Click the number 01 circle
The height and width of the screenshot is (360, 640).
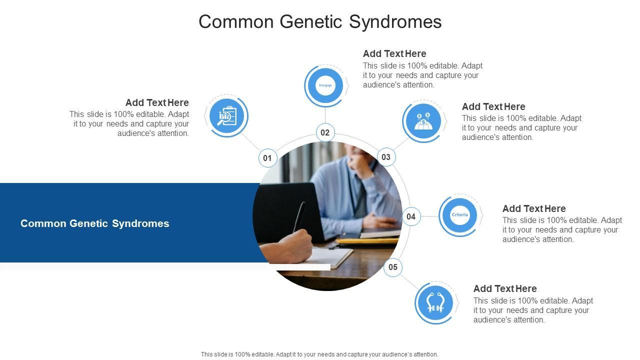267,158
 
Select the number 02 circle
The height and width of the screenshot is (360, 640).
325,132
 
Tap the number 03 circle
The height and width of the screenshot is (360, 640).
386,157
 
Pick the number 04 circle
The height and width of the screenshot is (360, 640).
411,216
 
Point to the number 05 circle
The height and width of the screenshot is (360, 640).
393,267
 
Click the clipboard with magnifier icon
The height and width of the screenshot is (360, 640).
227,115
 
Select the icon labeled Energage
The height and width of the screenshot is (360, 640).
325,85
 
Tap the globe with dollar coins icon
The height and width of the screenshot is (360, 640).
423,121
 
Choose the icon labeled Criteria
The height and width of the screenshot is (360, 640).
459,215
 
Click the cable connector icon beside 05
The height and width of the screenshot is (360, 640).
435,302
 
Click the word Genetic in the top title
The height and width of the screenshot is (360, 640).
311,21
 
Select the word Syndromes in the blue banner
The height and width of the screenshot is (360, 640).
140,223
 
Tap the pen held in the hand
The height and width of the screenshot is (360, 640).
299,216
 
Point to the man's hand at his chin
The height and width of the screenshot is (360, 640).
360,163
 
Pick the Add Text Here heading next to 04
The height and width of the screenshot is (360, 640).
534,208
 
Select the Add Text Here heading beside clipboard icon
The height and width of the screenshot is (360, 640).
157,102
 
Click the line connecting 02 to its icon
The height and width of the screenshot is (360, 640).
325,115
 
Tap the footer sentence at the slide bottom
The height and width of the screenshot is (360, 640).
319,354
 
